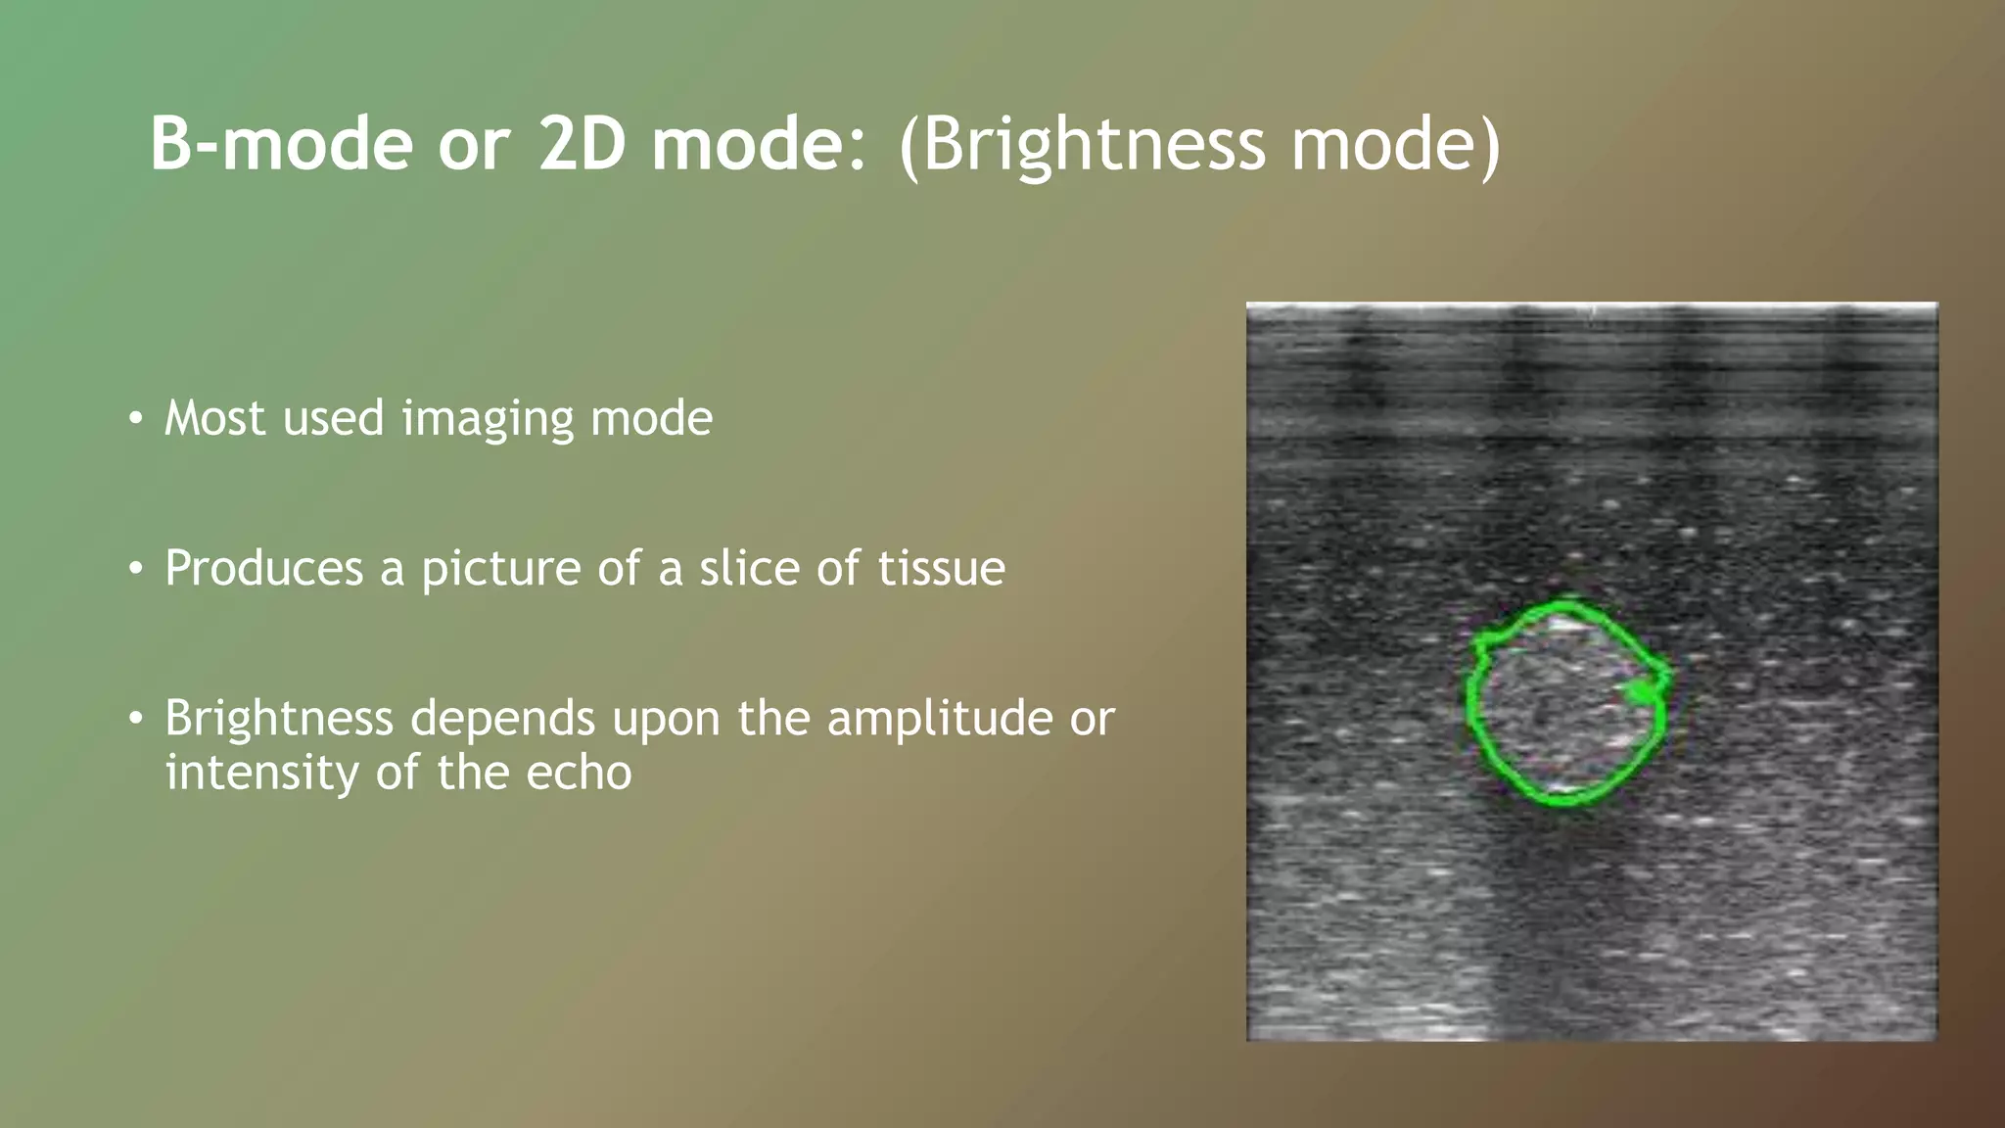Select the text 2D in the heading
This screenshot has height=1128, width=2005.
pos(582,144)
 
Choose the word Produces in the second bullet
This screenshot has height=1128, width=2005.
pos(264,568)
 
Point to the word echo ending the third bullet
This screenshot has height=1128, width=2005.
pos(579,773)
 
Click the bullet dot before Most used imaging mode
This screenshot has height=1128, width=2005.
pos(136,419)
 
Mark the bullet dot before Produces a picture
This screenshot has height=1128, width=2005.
pos(136,569)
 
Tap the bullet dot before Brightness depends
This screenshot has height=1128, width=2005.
pos(136,720)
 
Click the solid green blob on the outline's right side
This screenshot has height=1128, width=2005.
pos(1642,692)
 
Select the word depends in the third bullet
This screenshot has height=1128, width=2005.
pos(501,720)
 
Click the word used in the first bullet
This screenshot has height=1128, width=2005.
pos(333,419)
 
